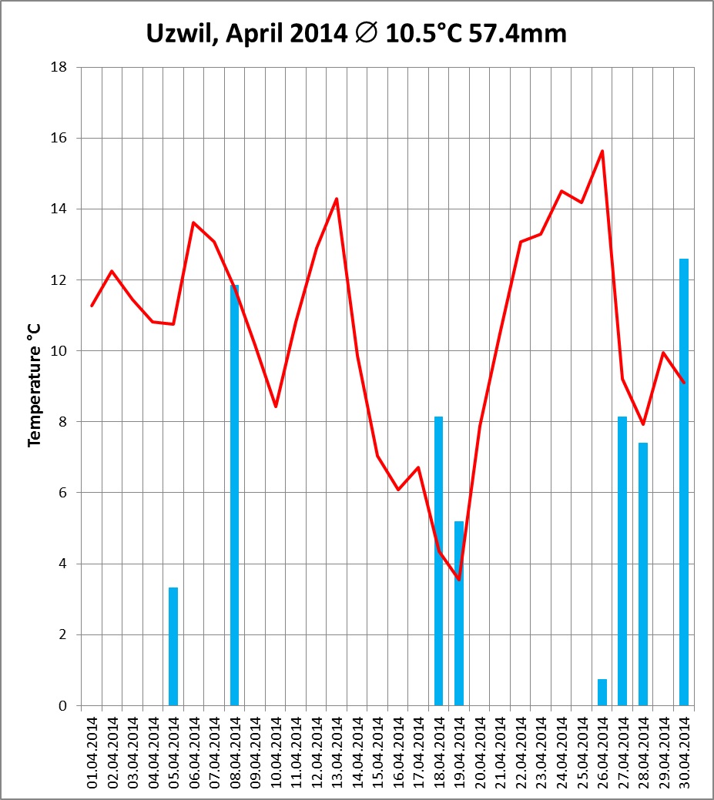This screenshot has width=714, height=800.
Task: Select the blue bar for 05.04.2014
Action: [x=173, y=647]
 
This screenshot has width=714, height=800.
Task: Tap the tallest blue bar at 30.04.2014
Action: [x=684, y=482]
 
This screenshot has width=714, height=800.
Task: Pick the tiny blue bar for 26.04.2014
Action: [x=602, y=692]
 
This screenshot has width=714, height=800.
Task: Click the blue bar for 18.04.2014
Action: [x=438, y=561]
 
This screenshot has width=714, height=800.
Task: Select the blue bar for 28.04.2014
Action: [x=643, y=574]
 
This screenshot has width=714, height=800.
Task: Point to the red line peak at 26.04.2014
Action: [x=602, y=151]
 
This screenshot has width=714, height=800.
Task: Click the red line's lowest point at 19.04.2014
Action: [x=459, y=579]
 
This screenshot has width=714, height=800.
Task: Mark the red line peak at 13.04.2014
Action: [x=337, y=199]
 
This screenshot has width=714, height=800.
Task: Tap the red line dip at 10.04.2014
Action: [x=276, y=406]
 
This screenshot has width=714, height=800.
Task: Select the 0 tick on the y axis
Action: [x=62, y=706]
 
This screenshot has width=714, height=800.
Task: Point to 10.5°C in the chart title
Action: [x=424, y=33]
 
